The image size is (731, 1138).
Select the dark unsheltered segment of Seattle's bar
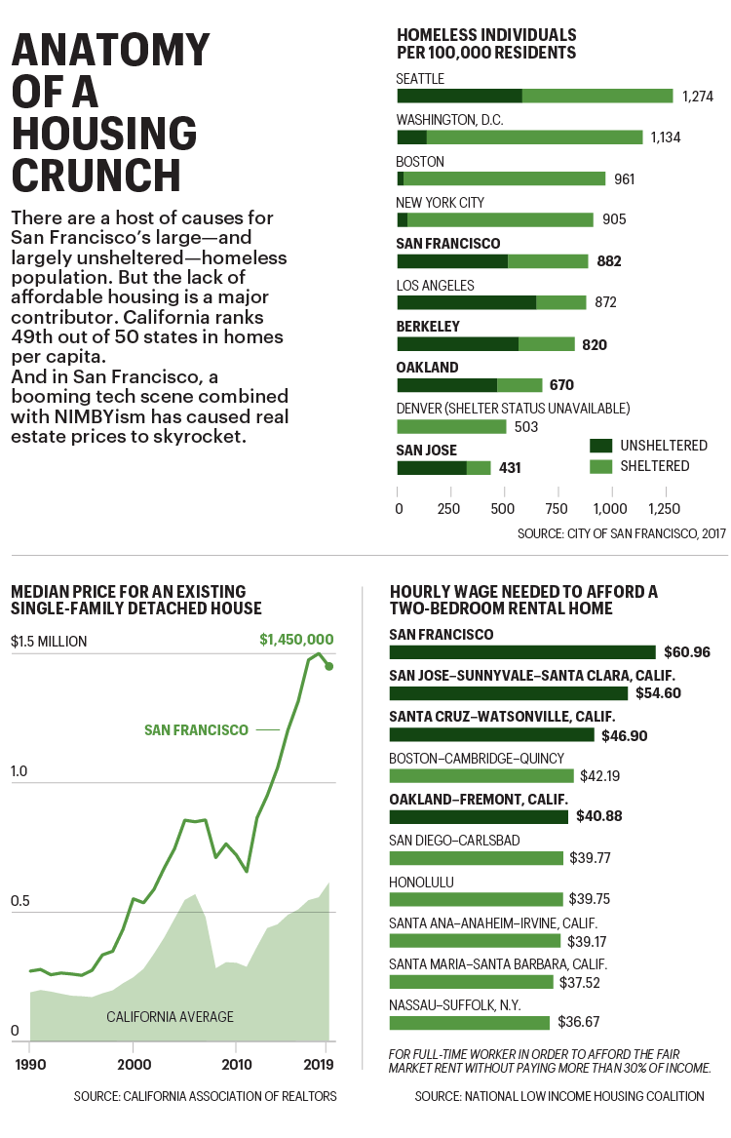[x=459, y=96]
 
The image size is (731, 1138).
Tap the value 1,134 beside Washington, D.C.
[x=666, y=137]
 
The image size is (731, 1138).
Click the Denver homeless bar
[x=451, y=426]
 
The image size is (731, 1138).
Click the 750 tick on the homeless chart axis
[x=557, y=508]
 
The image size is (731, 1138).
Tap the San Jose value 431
[x=510, y=468]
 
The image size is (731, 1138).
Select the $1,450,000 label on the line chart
[x=297, y=640]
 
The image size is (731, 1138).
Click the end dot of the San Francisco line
[x=329, y=666]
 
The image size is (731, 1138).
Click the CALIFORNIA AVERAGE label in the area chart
[x=170, y=1017]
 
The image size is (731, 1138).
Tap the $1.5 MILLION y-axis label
[x=49, y=642]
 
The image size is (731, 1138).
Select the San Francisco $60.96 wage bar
[x=522, y=652]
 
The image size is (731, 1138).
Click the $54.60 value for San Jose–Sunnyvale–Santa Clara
[x=662, y=693]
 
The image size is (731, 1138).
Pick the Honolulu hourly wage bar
[x=476, y=899]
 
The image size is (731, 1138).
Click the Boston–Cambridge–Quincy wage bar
[x=481, y=776]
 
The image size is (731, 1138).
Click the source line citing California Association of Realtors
[x=205, y=1096]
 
